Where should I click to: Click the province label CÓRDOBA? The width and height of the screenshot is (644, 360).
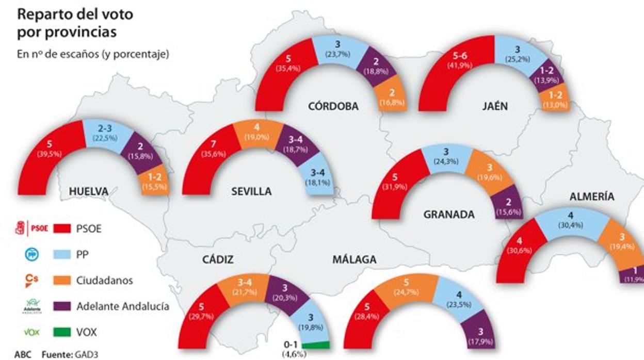coord(333,107)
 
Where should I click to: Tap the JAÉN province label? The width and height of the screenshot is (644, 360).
coord(496,107)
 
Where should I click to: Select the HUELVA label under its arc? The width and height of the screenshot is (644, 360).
coord(88,192)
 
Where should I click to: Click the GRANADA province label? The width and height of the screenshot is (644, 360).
coord(448,215)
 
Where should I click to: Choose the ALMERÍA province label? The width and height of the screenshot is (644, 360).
coord(592,197)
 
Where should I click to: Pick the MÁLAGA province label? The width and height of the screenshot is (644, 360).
coord(354,260)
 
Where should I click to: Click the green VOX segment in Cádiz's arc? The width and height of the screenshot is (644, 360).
coord(315,345)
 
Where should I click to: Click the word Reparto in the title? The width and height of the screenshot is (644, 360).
coord(42,14)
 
